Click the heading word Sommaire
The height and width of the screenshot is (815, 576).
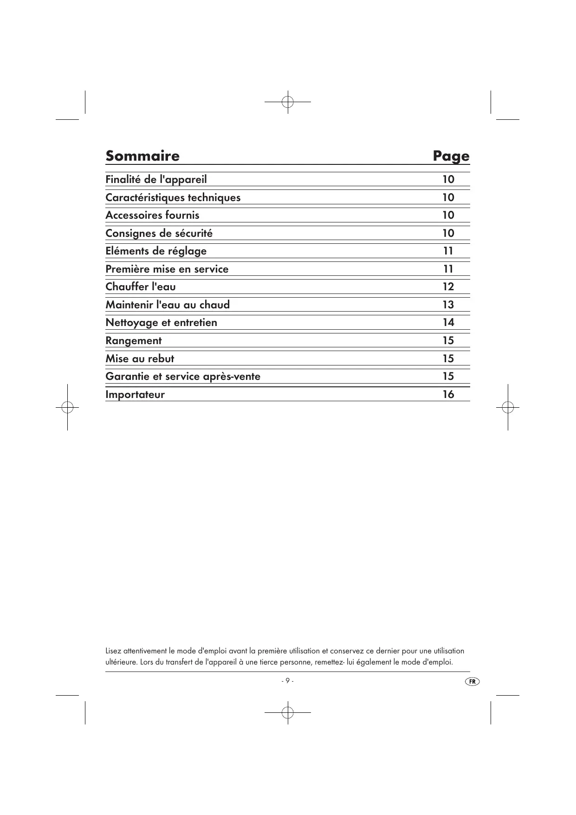(142, 156)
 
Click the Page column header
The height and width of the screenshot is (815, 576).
(451, 156)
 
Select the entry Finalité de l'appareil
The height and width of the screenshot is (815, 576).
(156, 179)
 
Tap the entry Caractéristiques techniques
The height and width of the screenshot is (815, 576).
(173, 197)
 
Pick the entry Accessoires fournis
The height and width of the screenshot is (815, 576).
(152, 215)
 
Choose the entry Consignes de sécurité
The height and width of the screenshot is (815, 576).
(159, 233)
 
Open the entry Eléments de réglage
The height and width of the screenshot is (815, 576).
(156, 251)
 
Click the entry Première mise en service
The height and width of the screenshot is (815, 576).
(167, 269)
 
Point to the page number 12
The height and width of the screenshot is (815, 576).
(448, 287)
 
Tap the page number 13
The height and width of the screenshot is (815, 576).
(448, 305)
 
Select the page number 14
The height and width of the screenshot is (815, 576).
(448, 322)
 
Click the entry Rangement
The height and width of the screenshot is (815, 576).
(134, 340)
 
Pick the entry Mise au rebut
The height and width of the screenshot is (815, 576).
(140, 359)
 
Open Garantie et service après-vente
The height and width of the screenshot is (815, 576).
(183, 376)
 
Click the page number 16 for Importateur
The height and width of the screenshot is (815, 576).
(448, 394)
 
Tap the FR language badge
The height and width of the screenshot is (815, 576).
(472, 681)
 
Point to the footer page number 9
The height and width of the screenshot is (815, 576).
(287, 681)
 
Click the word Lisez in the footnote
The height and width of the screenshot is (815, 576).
(113, 651)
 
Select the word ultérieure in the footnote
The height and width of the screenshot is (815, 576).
(121, 662)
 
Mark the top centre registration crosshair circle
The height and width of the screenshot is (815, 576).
(288, 101)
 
